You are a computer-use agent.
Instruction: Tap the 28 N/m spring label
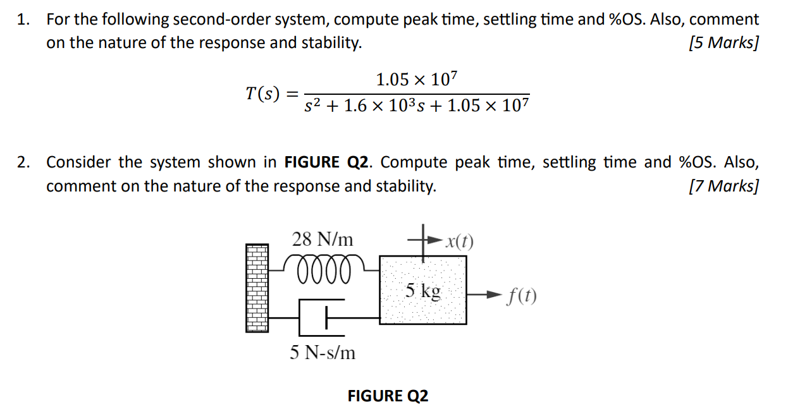(322, 240)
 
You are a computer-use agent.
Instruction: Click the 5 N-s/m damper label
(323, 353)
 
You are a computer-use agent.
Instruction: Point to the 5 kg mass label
(422, 291)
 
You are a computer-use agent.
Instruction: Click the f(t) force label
(522, 296)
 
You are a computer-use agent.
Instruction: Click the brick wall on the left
(255, 288)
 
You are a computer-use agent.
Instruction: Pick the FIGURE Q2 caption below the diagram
(388, 396)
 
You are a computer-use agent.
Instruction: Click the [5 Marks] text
(723, 43)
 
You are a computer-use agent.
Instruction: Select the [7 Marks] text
(723, 186)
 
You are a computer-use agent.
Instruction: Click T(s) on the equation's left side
(262, 94)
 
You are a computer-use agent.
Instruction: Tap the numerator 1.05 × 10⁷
(416, 80)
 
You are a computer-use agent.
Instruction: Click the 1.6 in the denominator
(354, 106)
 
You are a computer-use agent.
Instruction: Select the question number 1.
(23, 20)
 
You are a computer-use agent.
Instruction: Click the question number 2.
(23, 162)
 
